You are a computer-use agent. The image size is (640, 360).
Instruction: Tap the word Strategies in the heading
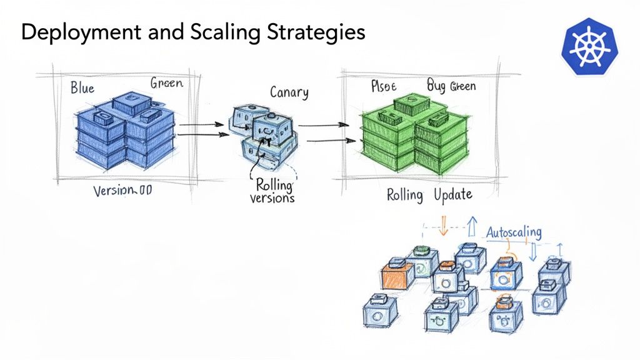318,32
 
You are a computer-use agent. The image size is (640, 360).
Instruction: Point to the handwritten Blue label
82,87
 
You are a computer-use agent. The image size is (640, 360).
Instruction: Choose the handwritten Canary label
289,92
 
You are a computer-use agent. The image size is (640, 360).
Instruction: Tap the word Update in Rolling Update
448,195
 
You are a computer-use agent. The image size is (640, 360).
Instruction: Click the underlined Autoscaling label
514,232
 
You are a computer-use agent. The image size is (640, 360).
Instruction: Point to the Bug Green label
451,86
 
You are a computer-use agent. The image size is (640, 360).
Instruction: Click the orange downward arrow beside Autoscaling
444,226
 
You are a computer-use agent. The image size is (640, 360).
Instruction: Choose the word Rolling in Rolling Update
405,195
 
